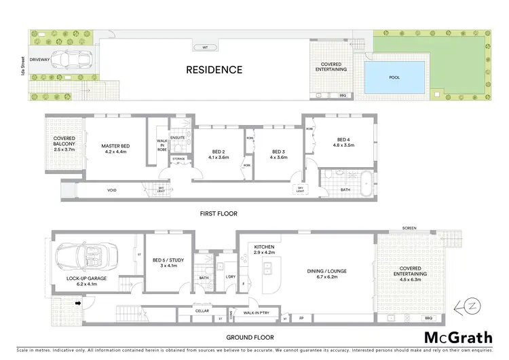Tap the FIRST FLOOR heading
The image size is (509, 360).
(219, 213)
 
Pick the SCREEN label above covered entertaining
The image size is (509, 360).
(409, 228)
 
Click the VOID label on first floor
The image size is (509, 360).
(112, 190)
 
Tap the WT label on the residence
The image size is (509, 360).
(206, 48)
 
